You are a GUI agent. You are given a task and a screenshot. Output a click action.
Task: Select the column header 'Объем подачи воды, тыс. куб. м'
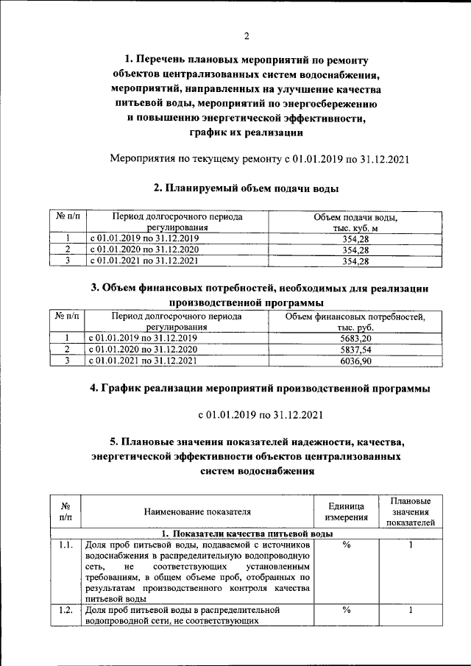[355, 223]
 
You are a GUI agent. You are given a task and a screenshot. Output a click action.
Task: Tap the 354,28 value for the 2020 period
[355, 249]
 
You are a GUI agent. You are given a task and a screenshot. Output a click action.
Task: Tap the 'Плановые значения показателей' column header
[411, 512]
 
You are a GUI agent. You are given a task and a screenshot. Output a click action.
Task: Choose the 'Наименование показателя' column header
[197, 513]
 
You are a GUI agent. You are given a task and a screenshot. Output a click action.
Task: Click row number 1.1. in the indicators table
[65, 545]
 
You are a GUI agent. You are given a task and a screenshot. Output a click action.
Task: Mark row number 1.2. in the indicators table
[65, 610]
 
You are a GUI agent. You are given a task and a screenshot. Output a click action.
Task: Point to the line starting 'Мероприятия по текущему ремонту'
[258, 158]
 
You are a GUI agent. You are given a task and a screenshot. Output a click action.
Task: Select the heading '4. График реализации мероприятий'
[259, 388]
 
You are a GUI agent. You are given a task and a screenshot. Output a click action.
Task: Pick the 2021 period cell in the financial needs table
[142, 361]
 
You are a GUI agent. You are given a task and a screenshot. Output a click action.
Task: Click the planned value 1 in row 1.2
[411, 610]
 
